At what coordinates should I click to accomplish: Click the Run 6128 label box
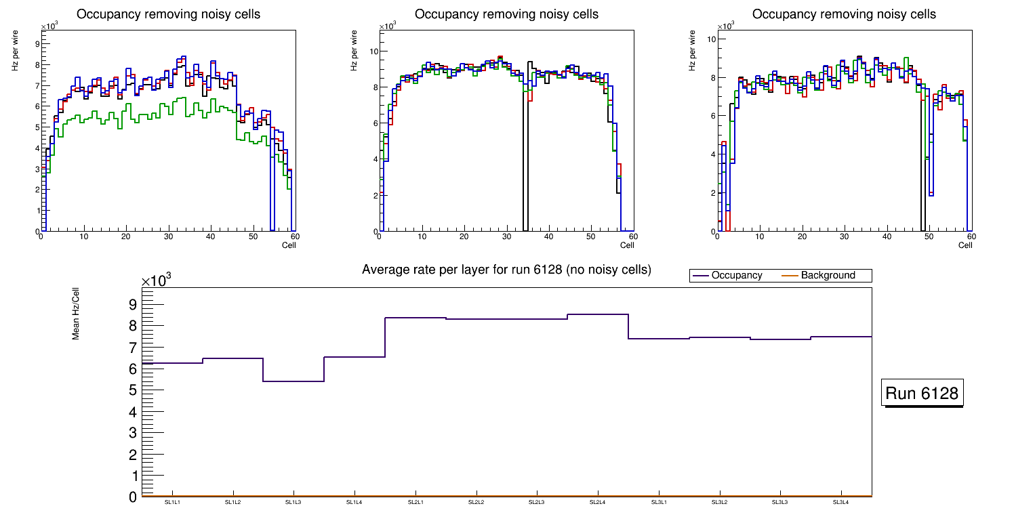pyautogui.click(x=922, y=394)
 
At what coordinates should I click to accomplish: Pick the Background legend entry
pyautogui.click(x=828, y=276)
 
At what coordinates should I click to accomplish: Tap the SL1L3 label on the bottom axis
pyautogui.click(x=293, y=503)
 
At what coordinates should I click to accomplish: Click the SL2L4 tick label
pyautogui.click(x=598, y=503)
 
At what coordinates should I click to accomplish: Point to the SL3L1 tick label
pyautogui.click(x=659, y=503)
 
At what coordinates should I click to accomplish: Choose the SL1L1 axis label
pyautogui.click(x=172, y=503)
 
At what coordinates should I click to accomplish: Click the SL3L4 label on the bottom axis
pyautogui.click(x=841, y=503)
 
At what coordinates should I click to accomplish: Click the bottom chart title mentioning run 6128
pyautogui.click(x=506, y=270)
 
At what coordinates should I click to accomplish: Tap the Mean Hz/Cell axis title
pyautogui.click(x=76, y=317)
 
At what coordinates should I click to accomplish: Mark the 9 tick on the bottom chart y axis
pyautogui.click(x=133, y=304)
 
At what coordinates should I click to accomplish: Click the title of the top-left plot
pyautogui.click(x=168, y=14)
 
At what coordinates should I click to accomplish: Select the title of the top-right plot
pyautogui.click(x=844, y=14)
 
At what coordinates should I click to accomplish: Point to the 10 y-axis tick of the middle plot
pyautogui.click(x=373, y=51)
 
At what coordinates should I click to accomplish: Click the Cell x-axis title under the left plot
pyautogui.click(x=289, y=245)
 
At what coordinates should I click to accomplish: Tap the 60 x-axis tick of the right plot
pyautogui.click(x=971, y=237)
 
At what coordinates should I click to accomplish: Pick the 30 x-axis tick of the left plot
pyautogui.click(x=168, y=237)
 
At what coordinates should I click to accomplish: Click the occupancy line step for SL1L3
pyautogui.click(x=293, y=381)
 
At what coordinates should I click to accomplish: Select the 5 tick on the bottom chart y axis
pyautogui.click(x=133, y=391)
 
